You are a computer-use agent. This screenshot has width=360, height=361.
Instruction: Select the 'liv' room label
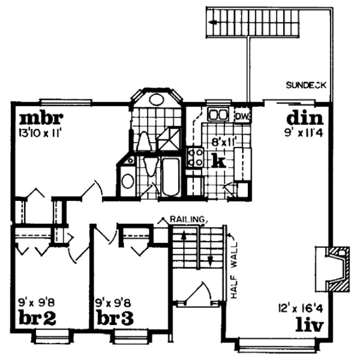310,326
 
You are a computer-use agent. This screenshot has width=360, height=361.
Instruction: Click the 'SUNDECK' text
306,85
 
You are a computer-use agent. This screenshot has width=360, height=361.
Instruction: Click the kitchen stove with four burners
194,157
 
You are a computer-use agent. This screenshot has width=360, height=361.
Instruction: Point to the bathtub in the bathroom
170,177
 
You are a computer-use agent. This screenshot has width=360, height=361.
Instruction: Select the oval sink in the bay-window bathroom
157,100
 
